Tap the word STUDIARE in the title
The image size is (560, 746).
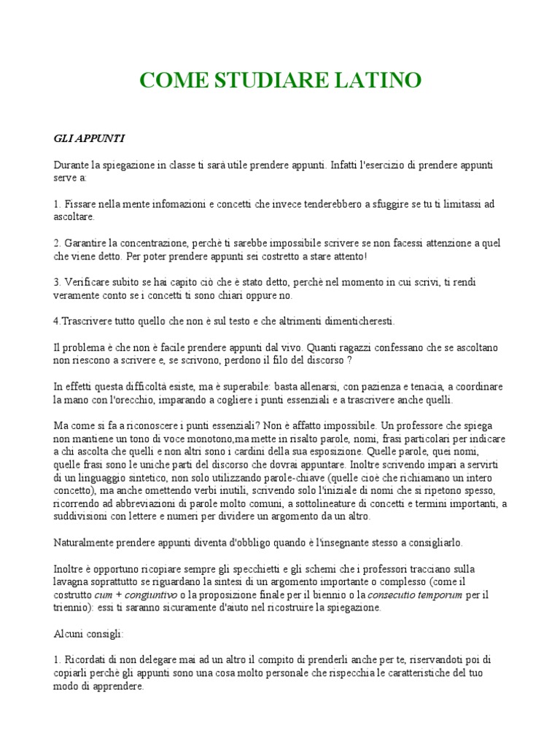coord(266,80)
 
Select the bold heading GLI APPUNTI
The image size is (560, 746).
coord(84,137)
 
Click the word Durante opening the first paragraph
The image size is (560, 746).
coord(73,165)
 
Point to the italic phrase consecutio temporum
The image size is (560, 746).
coord(414,595)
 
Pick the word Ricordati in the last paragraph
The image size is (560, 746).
coord(87,659)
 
